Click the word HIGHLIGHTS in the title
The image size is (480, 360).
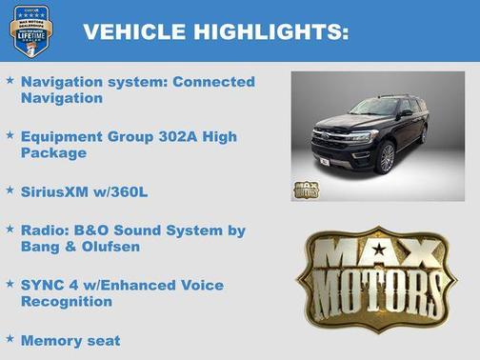click(269, 31)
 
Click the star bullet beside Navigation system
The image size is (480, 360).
click(10, 81)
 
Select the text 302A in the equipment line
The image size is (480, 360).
click(185, 137)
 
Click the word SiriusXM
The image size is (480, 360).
click(56, 192)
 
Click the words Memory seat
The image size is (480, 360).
click(70, 340)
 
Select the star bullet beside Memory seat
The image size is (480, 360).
click(10, 338)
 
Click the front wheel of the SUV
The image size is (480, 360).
click(388, 158)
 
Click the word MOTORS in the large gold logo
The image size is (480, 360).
click(379, 289)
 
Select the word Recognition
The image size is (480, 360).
click(67, 301)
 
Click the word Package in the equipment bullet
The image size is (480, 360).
click(53, 152)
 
